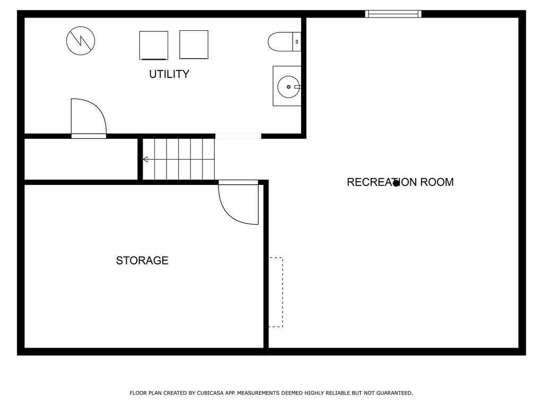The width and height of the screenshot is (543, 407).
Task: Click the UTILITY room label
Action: (169, 74)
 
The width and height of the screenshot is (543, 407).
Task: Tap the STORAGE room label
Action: (142, 260)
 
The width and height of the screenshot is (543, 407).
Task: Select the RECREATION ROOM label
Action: (400, 182)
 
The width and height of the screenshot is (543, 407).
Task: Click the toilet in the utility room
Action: (284, 41)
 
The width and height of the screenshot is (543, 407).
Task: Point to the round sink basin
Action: (288, 86)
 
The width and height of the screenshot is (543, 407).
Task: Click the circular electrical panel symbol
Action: (81, 41)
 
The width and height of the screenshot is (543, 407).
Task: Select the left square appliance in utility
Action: (154, 46)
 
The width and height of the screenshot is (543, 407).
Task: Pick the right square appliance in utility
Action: (194, 45)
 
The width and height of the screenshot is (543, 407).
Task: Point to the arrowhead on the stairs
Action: (146, 159)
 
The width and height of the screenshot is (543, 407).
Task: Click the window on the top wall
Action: (393, 14)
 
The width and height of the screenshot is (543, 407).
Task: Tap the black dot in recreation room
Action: (396, 183)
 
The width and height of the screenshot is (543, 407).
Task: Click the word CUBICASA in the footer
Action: (210, 393)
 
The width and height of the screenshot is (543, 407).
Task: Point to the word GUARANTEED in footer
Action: (395, 393)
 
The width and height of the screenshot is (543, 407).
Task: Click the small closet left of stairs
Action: (81, 159)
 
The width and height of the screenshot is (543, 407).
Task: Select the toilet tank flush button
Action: (297, 41)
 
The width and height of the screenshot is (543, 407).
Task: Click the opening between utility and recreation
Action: (238, 136)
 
